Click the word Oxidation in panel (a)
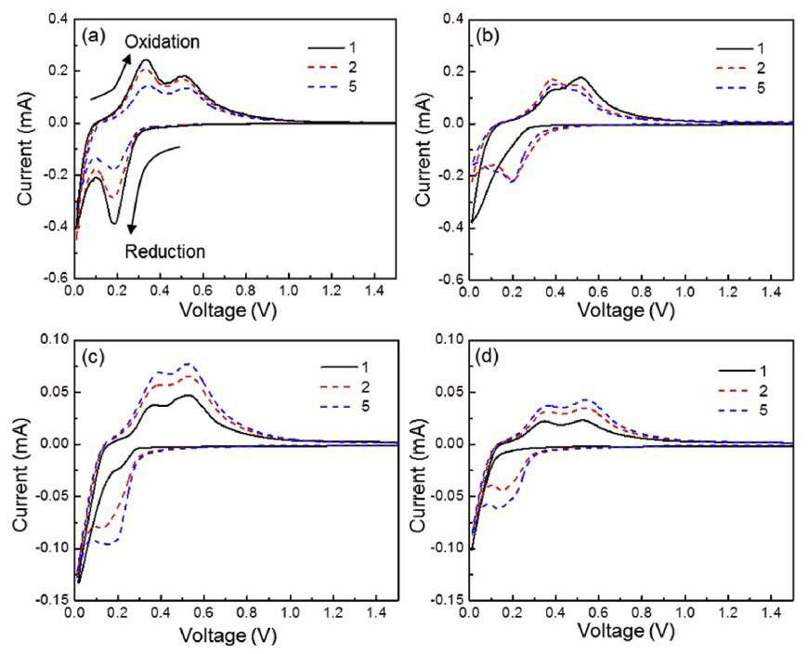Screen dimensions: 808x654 pyautogui.click(x=163, y=42)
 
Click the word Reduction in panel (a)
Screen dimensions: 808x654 pyautogui.click(x=165, y=252)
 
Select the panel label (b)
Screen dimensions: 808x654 pyautogui.click(x=488, y=36)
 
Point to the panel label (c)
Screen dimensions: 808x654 pyautogui.click(x=93, y=357)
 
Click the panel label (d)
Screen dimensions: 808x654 pyautogui.click(x=488, y=357)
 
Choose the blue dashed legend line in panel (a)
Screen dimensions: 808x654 pyautogui.click(x=326, y=86)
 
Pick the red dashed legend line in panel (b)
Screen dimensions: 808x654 pyautogui.click(x=734, y=69)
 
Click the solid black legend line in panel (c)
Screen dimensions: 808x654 pyautogui.click(x=339, y=367)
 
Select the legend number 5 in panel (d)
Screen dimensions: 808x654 pyautogui.click(x=762, y=411)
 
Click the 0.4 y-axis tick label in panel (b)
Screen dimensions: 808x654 pyautogui.click(x=454, y=20)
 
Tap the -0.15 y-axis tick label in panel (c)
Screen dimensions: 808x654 pyautogui.click(x=51, y=600)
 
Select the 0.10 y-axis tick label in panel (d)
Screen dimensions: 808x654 pyautogui.click(x=450, y=340)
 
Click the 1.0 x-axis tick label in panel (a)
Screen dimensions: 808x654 pyautogui.click(x=289, y=291)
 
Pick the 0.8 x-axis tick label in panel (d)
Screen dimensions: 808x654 pyautogui.click(x=641, y=613)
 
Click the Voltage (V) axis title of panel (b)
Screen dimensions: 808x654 pyautogui.click(x=626, y=310)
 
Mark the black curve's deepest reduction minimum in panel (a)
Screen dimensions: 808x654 pyautogui.click(x=114, y=223)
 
